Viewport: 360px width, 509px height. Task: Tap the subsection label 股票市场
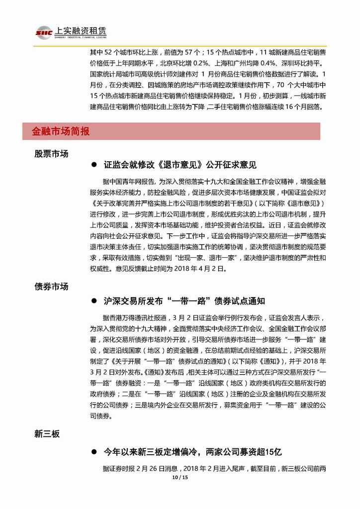[x=51, y=154]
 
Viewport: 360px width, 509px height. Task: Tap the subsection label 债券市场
[x=51, y=287]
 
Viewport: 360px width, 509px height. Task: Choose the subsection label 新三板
[x=47, y=434]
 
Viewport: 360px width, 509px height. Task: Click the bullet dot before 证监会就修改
[x=93, y=165]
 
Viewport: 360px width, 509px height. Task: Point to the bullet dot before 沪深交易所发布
[x=93, y=301]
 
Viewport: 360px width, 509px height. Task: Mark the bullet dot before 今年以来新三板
[x=93, y=452]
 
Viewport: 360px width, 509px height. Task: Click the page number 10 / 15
[x=180, y=478]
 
